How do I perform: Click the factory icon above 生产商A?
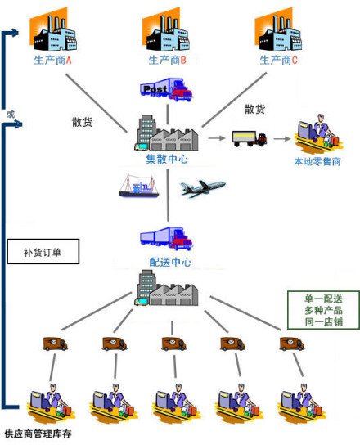coord(53,30)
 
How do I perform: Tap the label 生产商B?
coord(168,61)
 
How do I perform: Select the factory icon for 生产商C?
coord(278,30)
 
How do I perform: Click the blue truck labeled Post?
coord(166,89)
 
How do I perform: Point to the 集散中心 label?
coord(167,159)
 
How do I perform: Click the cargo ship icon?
coord(138,186)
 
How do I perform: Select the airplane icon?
coord(203,187)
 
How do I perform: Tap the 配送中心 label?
coord(170,263)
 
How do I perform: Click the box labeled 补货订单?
coord(43,251)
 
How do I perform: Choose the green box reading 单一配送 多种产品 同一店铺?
coord(323,310)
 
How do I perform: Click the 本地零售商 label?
coord(317,162)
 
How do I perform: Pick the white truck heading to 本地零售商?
coord(250,139)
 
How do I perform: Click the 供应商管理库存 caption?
coord(38,434)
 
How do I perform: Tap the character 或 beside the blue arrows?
coord(11,115)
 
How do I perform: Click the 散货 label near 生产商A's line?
coord(82,122)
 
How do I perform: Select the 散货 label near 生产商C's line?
coord(254,109)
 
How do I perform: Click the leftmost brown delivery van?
coord(55,344)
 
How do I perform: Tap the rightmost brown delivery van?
coord(292,344)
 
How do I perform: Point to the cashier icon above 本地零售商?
coord(318,134)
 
